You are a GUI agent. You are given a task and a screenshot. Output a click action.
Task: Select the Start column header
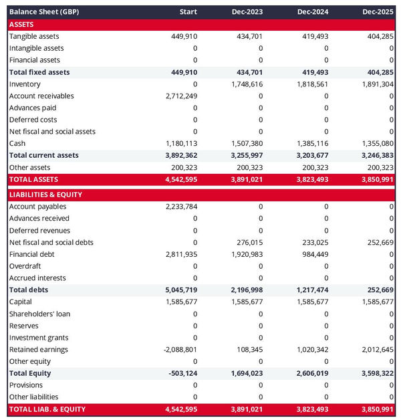(x=188, y=12)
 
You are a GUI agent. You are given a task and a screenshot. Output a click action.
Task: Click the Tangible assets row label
(x=34, y=36)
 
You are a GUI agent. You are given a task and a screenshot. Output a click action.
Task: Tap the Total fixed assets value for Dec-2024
(x=313, y=72)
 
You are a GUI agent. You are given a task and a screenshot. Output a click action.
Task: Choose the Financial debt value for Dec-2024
(x=313, y=254)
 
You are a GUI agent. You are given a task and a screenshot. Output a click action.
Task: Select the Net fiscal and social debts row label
(x=51, y=242)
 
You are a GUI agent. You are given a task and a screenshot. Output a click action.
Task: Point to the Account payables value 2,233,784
(x=181, y=207)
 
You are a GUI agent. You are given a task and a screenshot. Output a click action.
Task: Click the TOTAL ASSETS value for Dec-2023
(x=247, y=179)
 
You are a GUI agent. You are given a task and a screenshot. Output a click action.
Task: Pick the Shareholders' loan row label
(x=40, y=314)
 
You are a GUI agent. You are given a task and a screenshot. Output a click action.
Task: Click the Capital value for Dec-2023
(x=247, y=302)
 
